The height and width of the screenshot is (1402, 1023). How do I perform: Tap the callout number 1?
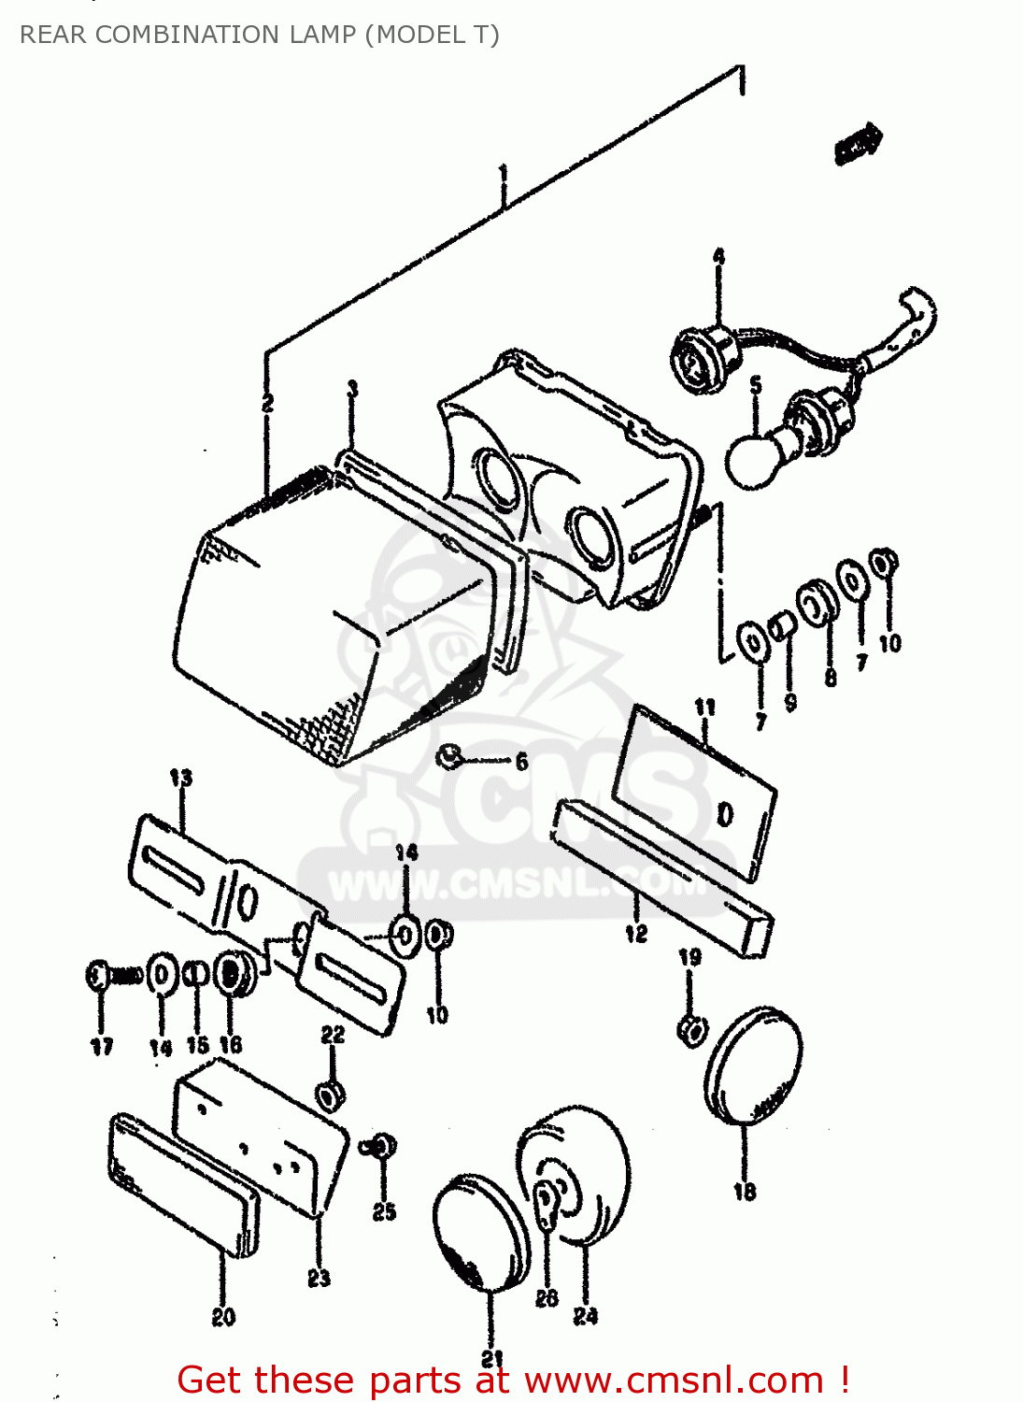point(504,175)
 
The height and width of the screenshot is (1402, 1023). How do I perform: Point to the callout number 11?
point(704,708)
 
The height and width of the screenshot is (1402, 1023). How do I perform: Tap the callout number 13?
point(180,778)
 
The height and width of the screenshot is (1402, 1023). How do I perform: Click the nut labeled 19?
point(690,1030)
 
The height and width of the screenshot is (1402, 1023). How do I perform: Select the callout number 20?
point(223,1317)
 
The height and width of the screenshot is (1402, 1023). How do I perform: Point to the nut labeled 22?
point(330,1094)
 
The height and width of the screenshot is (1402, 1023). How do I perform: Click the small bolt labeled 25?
point(383,1145)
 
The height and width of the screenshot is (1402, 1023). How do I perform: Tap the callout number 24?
point(586,1316)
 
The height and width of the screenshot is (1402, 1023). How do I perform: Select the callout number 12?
point(636,933)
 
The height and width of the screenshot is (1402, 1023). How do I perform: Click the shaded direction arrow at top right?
point(859,144)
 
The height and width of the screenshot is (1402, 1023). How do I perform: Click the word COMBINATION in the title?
point(187,35)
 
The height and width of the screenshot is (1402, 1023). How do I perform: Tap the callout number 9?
point(790,702)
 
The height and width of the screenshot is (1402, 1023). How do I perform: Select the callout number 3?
point(352,389)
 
